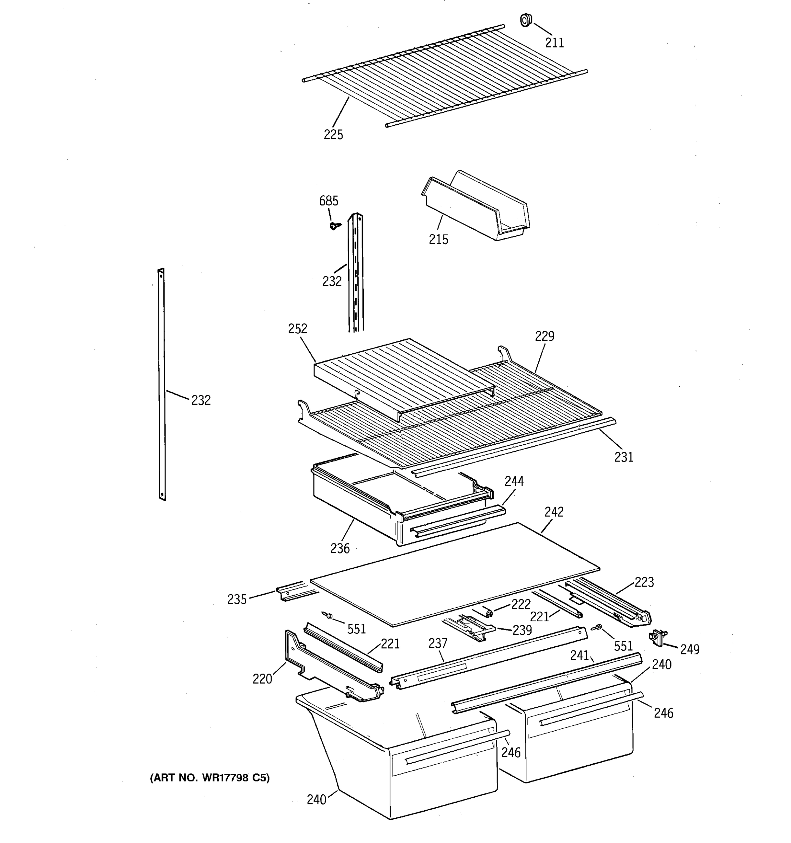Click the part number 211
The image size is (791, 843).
(x=555, y=43)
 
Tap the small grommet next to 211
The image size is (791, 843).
(x=526, y=20)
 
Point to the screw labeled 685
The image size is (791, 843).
(x=335, y=226)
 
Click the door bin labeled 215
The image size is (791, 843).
(x=475, y=208)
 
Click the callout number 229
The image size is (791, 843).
(x=544, y=336)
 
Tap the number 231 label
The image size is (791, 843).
(x=623, y=457)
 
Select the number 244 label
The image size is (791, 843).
(x=514, y=481)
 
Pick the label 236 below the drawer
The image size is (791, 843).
(x=340, y=548)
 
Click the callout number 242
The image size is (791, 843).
(x=554, y=511)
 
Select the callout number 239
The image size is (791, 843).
(x=522, y=630)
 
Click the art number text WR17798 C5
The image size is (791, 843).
(x=209, y=778)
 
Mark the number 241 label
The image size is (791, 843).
(x=579, y=655)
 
